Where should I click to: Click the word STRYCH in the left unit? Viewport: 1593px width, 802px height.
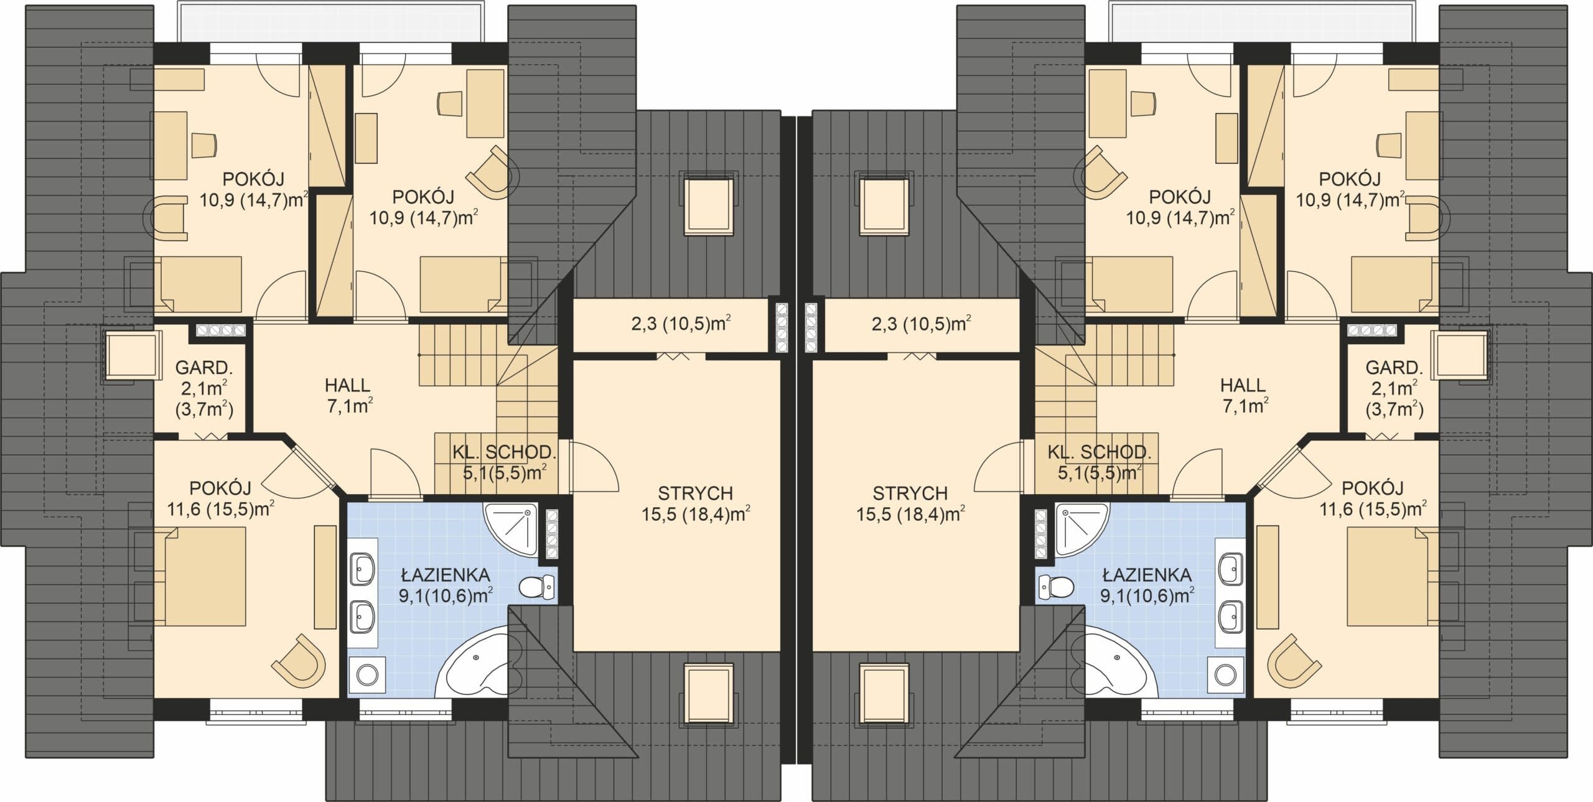695,493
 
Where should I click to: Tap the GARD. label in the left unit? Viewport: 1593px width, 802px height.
204,368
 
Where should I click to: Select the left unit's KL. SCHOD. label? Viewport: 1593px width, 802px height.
504,452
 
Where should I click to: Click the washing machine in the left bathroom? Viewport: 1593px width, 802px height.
366,675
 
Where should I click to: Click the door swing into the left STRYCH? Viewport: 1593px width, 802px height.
594,467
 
